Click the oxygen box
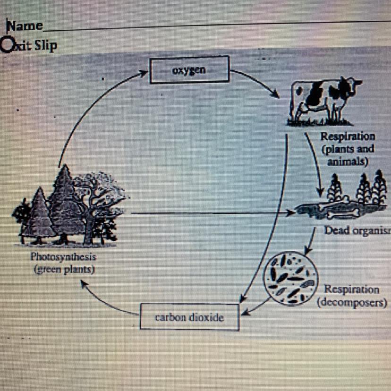tap(189, 69)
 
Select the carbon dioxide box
tap(189, 317)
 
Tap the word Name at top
tap(25, 26)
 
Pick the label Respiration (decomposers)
tap(352, 296)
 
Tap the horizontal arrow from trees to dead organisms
tap(212, 213)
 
